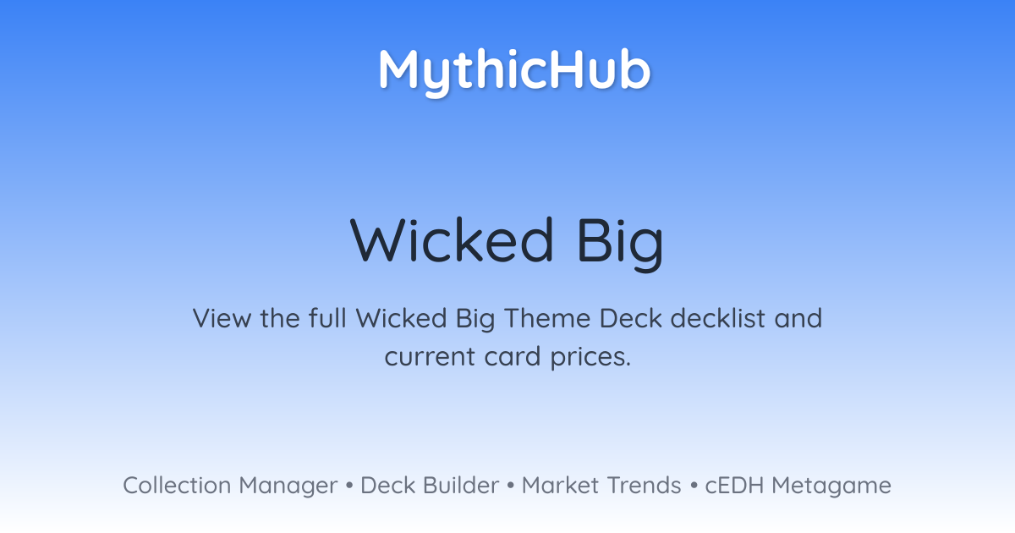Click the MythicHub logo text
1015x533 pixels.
515,72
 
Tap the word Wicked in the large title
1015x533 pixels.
452,240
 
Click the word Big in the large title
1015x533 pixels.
621,244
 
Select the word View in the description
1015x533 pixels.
222,318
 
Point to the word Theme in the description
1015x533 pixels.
547,318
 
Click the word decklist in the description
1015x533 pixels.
718,318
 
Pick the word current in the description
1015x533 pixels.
430,356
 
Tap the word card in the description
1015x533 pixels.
513,356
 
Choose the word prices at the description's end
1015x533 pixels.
590,358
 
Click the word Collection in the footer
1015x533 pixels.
177,486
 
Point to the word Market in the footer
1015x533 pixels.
561,486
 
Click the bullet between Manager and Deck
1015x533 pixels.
348,486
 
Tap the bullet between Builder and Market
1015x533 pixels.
511,486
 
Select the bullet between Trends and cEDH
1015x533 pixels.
694,486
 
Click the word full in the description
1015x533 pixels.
327,318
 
